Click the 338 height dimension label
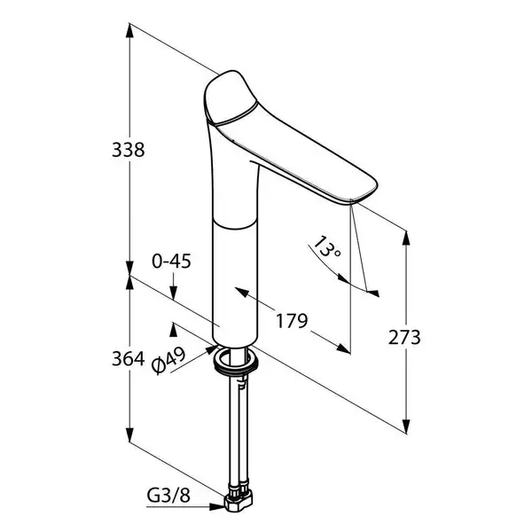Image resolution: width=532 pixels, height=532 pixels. click(129, 150)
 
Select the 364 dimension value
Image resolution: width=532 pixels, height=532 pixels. click(129, 358)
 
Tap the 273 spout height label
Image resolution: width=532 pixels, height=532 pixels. click(404, 338)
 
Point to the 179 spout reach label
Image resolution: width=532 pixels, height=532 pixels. click(292, 321)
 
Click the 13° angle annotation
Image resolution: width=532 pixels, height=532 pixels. click(326, 247)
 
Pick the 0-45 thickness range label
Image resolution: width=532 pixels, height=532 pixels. click(171, 262)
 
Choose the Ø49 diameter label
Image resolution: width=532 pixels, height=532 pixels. click(168, 360)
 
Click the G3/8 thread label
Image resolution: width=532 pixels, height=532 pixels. click(168, 496)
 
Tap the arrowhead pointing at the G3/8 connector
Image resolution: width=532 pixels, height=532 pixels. click(216, 507)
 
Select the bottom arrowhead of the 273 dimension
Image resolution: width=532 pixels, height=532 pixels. click(406, 425)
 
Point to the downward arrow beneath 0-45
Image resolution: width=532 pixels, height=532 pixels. click(174, 286)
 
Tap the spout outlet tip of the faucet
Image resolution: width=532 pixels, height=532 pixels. click(352, 202)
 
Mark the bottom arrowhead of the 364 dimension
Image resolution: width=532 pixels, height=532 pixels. click(129, 434)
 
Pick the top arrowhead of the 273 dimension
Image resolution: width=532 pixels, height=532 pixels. click(406, 238)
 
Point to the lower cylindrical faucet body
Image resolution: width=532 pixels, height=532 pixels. click(235, 282)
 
